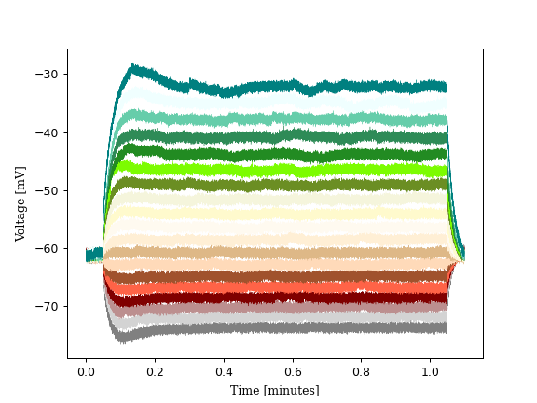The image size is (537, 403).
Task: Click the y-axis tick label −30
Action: pyautogui.click(x=48, y=75)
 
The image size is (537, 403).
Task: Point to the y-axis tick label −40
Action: pyautogui.click(x=48, y=132)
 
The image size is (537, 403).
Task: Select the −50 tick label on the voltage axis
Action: pyautogui.click(x=48, y=190)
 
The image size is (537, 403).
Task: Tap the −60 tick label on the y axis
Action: pyautogui.click(x=48, y=248)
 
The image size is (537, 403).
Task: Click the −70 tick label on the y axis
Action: pyautogui.click(x=48, y=306)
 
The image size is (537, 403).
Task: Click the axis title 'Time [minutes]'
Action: pyautogui.click(x=275, y=390)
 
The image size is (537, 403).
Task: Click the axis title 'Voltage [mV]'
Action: pyautogui.click(x=21, y=203)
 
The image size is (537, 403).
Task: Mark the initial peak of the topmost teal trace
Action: pyautogui.click(x=133, y=67)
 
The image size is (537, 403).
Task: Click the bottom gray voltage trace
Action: pyautogui.click(x=280, y=327)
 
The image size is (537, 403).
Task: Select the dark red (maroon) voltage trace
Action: pyautogui.click(x=280, y=299)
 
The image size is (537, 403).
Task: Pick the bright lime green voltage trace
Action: pyautogui.click(x=280, y=170)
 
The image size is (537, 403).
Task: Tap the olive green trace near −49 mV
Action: pyautogui.click(x=280, y=185)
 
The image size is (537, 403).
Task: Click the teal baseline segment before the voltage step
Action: pyautogui.click(x=92, y=255)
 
